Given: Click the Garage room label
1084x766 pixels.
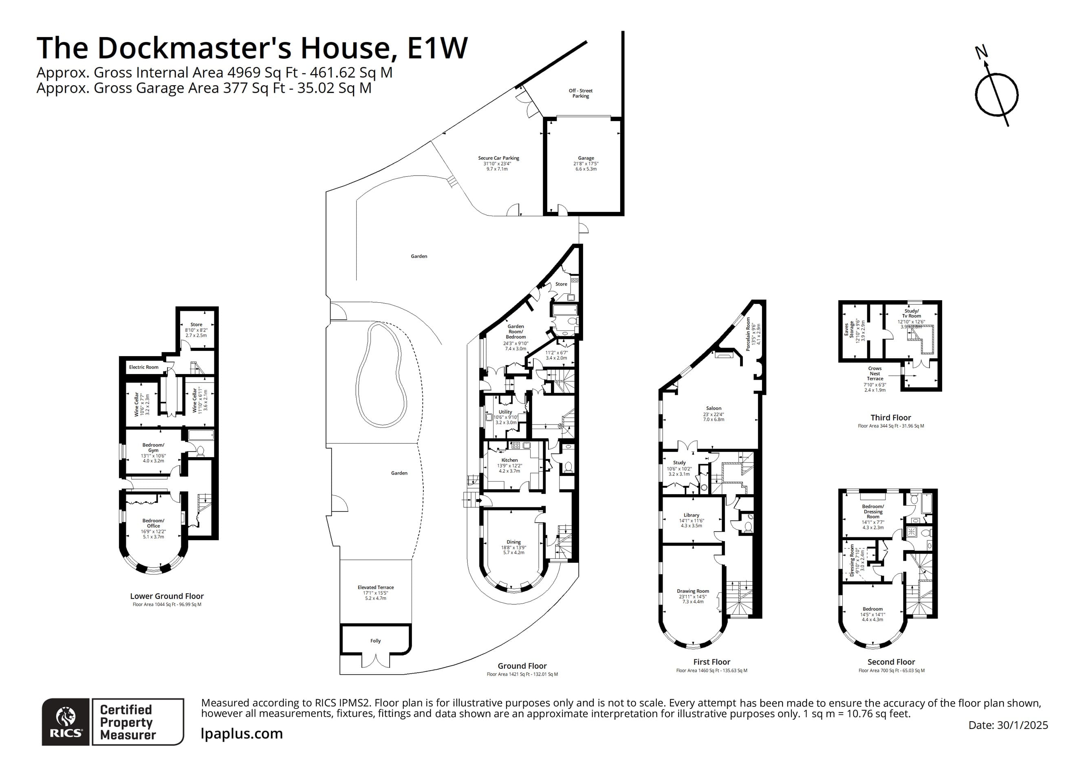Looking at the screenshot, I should pyautogui.click(x=586, y=158).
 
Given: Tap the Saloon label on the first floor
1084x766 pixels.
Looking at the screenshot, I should pyautogui.click(x=714, y=409).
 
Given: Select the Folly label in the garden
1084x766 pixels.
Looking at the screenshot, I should pyautogui.click(x=375, y=641).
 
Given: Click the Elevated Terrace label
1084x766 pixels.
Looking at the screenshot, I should pyautogui.click(x=375, y=588).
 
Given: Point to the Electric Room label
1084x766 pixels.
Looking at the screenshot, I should pyautogui.click(x=143, y=367).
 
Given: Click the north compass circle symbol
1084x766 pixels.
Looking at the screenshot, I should pyautogui.click(x=997, y=95).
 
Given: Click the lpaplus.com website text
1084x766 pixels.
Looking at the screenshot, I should pyautogui.click(x=242, y=734).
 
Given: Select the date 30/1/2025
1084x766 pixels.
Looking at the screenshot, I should pyautogui.click(x=1022, y=725).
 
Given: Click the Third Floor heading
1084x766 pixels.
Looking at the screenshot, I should pyautogui.click(x=890, y=418).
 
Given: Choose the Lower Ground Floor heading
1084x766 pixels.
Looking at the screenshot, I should pyautogui.click(x=167, y=596).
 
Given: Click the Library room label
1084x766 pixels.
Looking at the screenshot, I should pyautogui.click(x=691, y=515).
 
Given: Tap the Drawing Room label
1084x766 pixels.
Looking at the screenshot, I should pyautogui.click(x=693, y=591).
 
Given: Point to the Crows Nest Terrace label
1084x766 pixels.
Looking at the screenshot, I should pyautogui.click(x=875, y=373).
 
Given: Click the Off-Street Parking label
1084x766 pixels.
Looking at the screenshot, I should pyautogui.click(x=580, y=93).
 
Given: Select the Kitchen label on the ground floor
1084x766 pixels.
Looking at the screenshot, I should pyautogui.click(x=509, y=460).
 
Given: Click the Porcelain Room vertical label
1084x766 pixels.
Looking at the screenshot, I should pyautogui.click(x=748, y=334).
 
